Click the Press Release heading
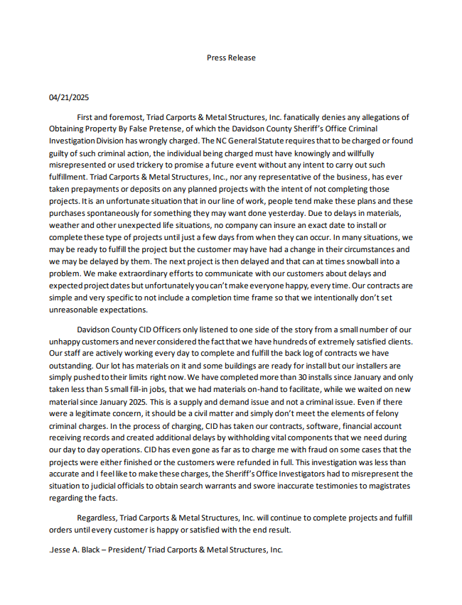click(x=231, y=58)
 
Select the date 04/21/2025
click(x=69, y=97)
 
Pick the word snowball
click(x=339, y=262)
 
